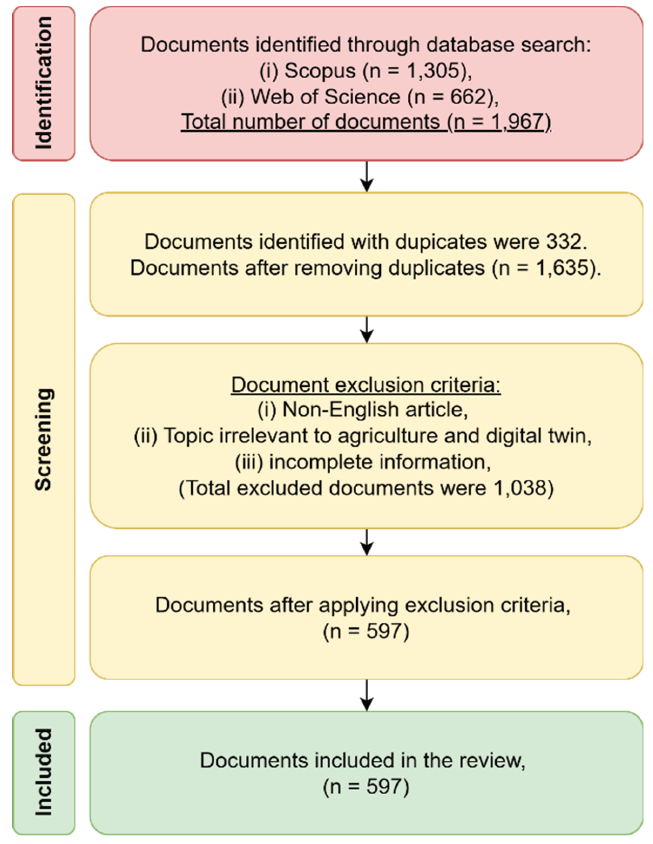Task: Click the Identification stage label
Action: pos(44,83)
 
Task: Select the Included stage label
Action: pos(44,772)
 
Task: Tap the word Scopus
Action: pos(320,71)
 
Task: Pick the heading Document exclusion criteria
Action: pos(366,385)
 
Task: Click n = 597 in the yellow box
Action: pos(366,631)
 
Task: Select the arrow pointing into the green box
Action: pos(366,695)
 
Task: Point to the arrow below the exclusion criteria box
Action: pos(366,542)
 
